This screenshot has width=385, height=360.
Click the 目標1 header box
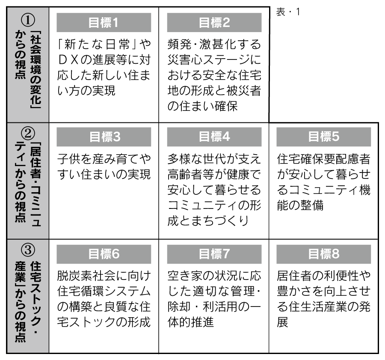(x=104, y=23)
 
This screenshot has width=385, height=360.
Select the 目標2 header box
(x=214, y=23)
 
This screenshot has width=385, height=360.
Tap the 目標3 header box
(x=104, y=137)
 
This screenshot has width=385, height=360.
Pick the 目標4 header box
(x=214, y=137)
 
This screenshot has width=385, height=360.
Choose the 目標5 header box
(x=324, y=137)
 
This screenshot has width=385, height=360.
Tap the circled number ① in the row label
(x=28, y=20)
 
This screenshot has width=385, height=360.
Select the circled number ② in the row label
(x=28, y=134)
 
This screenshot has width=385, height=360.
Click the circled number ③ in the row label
(x=28, y=250)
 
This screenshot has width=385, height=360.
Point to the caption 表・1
(x=288, y=12)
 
